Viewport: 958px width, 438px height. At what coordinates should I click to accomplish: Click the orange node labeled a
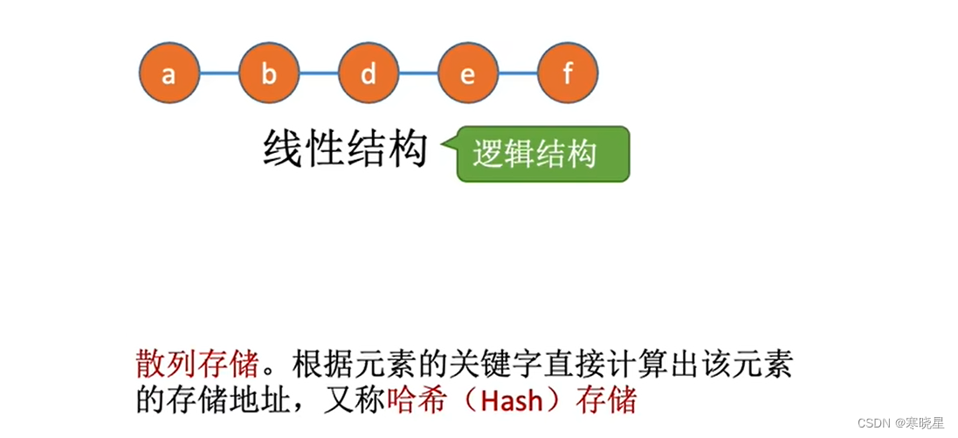pos(169,73)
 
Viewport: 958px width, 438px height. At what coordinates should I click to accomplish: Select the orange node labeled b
pos(268,73)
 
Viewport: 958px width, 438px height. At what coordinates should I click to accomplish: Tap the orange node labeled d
pos(368,73)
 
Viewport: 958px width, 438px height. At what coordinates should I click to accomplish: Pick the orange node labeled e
pos(468,73)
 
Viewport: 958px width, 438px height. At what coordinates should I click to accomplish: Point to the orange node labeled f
pos(568,73)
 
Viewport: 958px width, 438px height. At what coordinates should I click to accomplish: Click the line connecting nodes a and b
pos(218,73)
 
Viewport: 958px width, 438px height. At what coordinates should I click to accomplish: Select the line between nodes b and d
pos(318,73)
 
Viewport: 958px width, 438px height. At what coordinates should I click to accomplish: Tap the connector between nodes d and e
pos(417,73)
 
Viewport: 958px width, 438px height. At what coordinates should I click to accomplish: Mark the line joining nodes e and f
pos(518,73)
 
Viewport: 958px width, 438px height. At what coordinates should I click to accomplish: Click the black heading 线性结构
pos(344,150)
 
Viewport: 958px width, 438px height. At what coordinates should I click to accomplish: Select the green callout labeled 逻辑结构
pos(541,154)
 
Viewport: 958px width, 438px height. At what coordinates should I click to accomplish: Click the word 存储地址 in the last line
pos(231,401)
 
